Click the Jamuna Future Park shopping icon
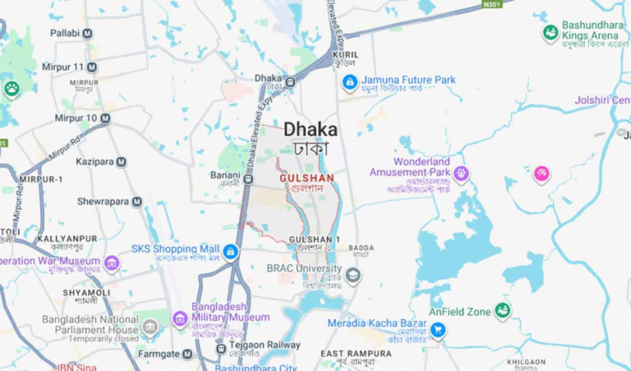coord(350,82)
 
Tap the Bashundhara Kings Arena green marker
coord(550,34)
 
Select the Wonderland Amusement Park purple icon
coord(462,173)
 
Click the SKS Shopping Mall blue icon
coord(231,251)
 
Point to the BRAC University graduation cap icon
coord(353,276)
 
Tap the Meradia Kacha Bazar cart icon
coord(438,330)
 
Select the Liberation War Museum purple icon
coord(112,263)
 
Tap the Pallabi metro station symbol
coord(87,34)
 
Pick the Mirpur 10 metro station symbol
coord(105,118)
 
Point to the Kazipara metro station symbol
coord(121,162)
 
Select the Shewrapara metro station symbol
coord(136,201)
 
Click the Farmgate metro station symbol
coord(187,354)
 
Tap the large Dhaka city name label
coord(310,130)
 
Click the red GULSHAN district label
coord(306,177)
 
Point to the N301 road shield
coord(492,3)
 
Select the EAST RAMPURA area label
coord(356,354)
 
